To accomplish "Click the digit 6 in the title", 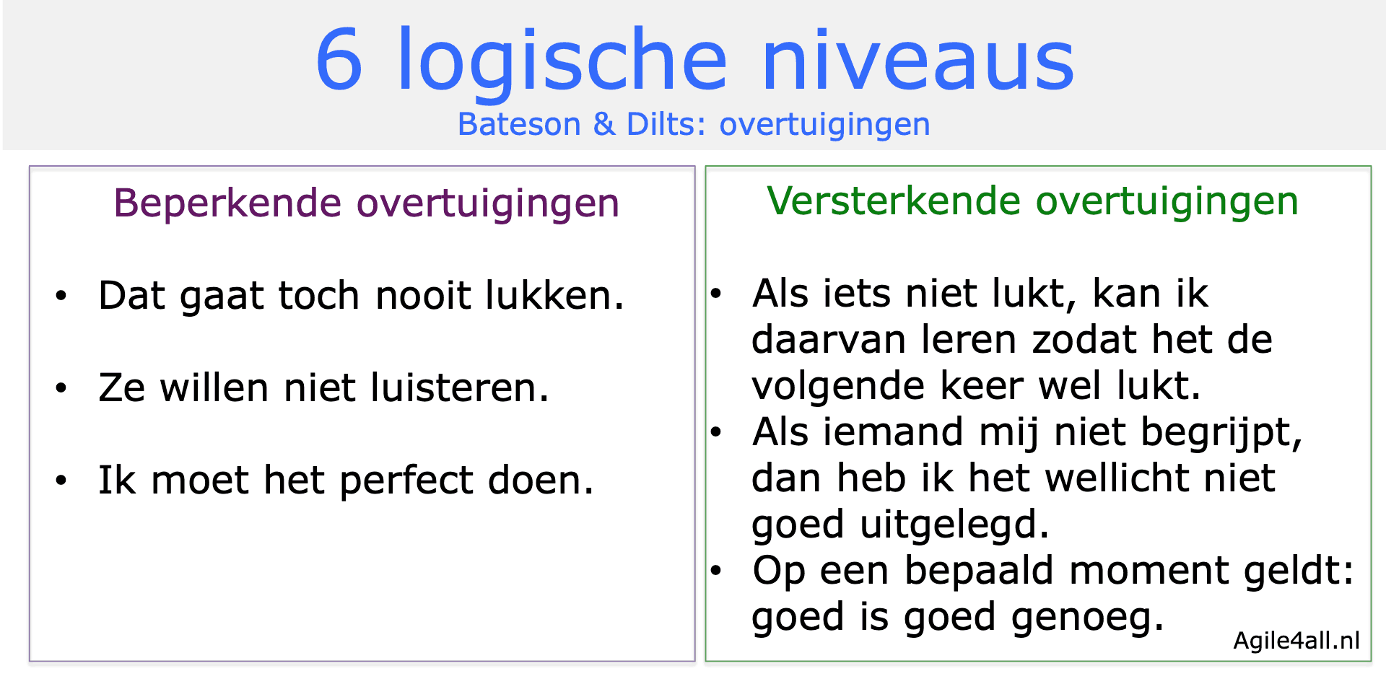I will point(339,61).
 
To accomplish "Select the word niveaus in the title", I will point(918,61).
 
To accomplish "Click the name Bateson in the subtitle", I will point(519,125).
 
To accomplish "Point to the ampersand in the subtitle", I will point(603,125).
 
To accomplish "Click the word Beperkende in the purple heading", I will point(227,203).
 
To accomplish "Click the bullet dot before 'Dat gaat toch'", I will point(61,296).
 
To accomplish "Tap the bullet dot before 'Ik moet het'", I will point(61,481).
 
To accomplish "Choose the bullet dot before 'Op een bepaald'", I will point(716,571).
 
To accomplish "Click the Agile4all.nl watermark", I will point(1296,640).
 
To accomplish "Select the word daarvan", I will point(828,340).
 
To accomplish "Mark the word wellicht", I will point(1122,478).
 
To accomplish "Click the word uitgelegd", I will point(954,525).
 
